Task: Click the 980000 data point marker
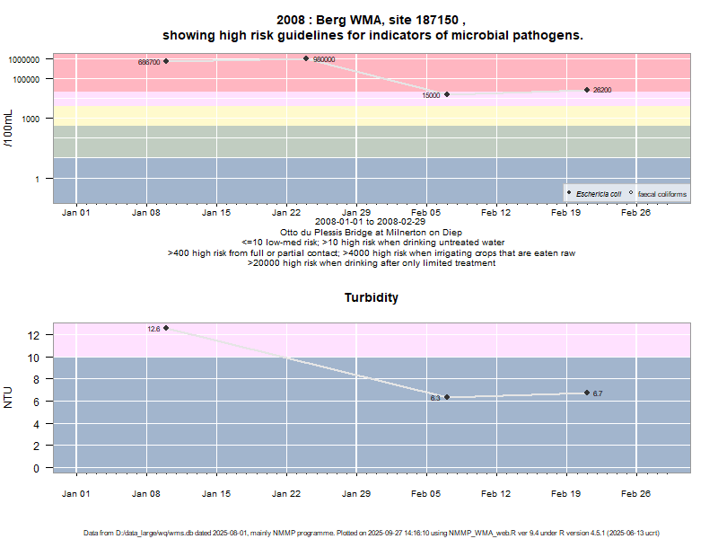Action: (x=306, y=58)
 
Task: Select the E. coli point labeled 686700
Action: (x=166, y=61)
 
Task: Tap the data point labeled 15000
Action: (x=447, y=94)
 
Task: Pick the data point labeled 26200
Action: (x=587, y=90)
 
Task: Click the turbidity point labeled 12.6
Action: (x=166, y=328)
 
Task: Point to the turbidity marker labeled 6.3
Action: (x=447, y=397)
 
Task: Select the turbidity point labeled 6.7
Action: (x=587, y=393)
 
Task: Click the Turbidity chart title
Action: (x=372, y=297)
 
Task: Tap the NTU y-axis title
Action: (x=8, y=397)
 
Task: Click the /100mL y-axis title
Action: (x=8, y=128)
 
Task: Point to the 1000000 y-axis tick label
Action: (x=26, y=59)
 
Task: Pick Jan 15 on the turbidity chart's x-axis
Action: (x=216, y=492)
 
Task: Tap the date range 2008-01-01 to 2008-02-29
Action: (x=372, y=222)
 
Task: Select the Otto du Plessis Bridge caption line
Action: (x=372, y=232)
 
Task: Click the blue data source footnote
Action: (x=372, y=533)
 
